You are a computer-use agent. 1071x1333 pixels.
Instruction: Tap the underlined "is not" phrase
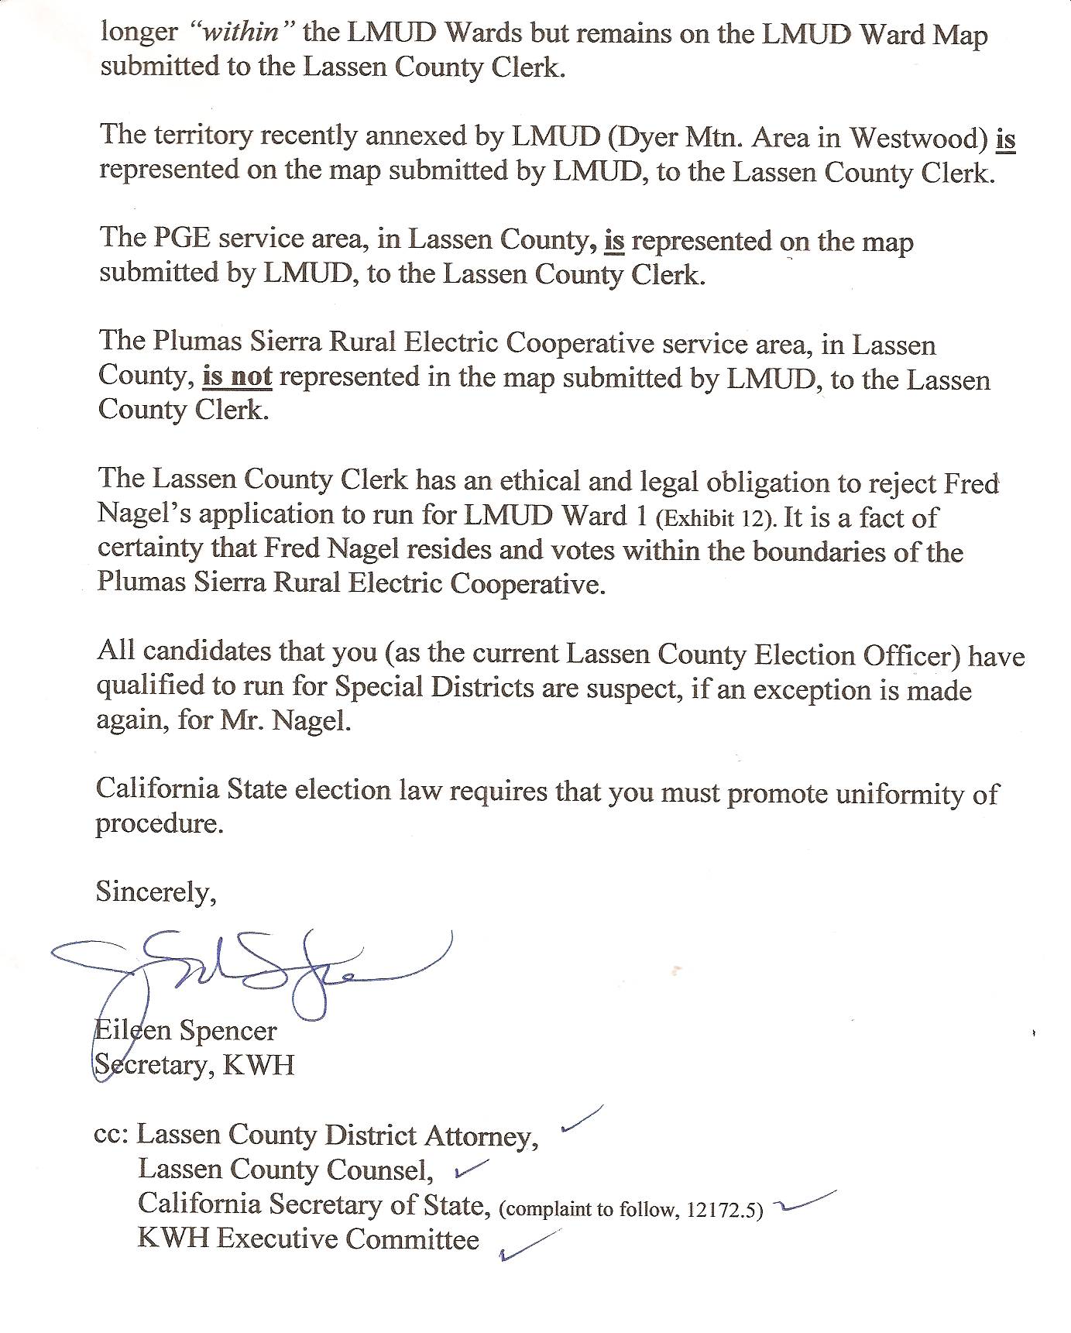coord(237,376)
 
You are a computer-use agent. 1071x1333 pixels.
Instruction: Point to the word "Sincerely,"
coord(156,892)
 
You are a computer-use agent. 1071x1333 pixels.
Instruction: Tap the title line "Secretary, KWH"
coord(194,1064)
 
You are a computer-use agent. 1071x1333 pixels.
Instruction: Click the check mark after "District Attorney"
coord(581,1119)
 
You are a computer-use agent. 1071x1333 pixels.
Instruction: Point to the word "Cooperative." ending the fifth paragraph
coord(527,583)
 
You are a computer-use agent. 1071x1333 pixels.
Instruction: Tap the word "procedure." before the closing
coord(160,823)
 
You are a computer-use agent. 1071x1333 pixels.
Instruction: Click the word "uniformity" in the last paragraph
coord(894,794)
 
